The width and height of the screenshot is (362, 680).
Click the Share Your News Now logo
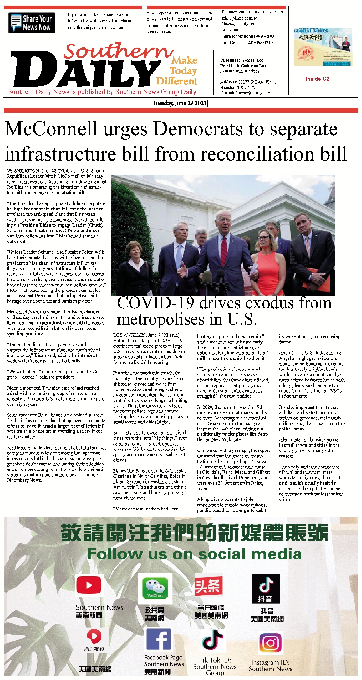point(31,23)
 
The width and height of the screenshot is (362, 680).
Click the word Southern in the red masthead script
point(118,51)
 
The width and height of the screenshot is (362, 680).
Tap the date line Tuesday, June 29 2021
point(180,103)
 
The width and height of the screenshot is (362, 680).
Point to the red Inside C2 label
point(317,79)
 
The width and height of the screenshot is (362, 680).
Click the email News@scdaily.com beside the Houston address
point(253,93)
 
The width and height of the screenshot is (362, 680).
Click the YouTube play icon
point(89,585)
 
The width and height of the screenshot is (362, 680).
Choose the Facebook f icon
point(158,639)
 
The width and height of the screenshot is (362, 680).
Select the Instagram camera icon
point(271,643)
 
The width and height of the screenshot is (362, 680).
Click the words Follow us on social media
point(194,554)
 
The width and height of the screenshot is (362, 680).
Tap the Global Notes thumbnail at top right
point(323,47)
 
